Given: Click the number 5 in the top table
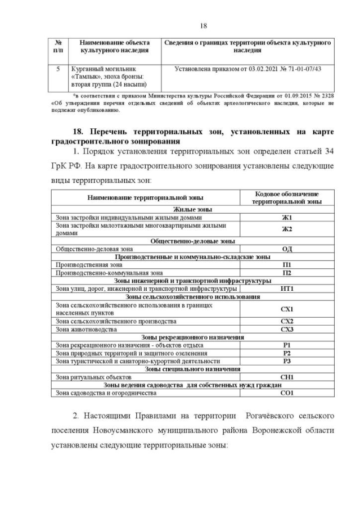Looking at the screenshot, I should pos(58,69).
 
